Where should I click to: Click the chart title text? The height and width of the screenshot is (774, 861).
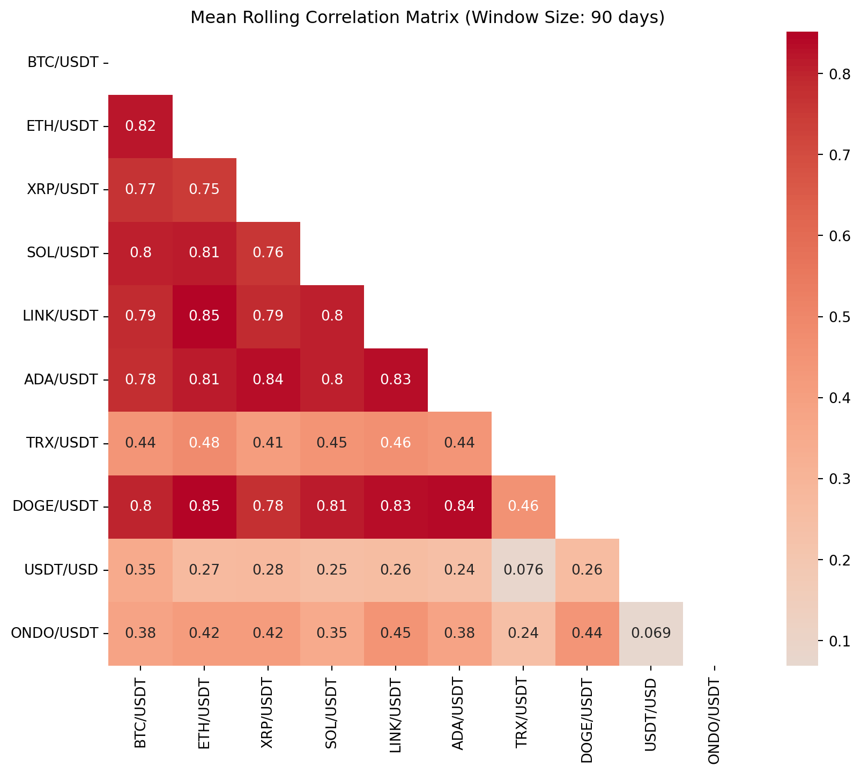[427, 18]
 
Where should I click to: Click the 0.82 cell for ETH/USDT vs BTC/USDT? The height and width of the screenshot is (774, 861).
[140, 126]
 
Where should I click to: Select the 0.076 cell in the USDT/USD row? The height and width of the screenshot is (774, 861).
[523, 570]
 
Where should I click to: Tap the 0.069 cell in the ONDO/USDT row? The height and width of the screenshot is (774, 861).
[651, 633]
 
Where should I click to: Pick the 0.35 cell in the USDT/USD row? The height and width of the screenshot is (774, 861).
[140, 570]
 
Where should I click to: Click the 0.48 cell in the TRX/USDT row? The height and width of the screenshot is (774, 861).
[204, 443]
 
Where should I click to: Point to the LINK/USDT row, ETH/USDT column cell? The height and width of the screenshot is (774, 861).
[204, 316]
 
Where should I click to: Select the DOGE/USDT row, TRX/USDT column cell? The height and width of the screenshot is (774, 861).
[523, 507]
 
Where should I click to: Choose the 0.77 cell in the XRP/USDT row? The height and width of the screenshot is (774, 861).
[140, 190]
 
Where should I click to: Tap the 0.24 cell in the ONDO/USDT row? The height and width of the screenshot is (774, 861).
[523, 633]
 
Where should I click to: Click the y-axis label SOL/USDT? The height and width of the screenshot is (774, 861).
[63, 253]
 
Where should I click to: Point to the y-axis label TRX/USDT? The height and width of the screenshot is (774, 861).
[63, 443]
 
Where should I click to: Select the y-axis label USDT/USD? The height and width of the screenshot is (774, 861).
[62, 570]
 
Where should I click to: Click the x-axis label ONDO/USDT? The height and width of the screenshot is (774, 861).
[715, 719]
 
